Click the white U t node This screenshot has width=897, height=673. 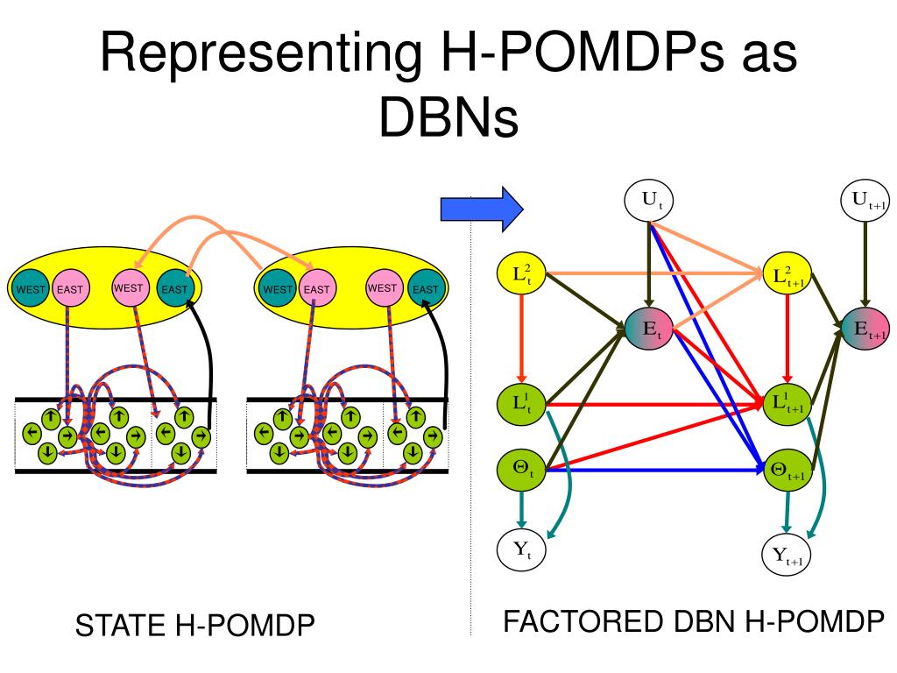pyautogui.click(x=648, y=201)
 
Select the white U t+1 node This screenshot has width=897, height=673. pyautogui.click(x=865, y=201)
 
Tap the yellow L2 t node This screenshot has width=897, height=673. pyautogui.click(x=521, y=273)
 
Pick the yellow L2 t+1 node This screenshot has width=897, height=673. pyautogui.click(x=788, y=274)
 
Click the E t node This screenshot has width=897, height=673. pyautogui.click(x=649, y=329)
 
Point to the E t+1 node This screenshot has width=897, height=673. pyautogui.click(x=865, y=329)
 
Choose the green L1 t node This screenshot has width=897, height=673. pyautogui.click(x=521, y=404)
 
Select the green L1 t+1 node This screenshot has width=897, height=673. pyautogui.click(x=788, y=404)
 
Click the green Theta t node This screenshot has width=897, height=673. pyautogui.click(x=521, y=470)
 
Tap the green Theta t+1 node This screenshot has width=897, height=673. pyautogui.click(x=788, y=470)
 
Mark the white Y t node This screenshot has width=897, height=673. pyautogui.click(x=521, y=550)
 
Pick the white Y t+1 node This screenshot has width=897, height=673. pyautogui.click(x=788, y=554)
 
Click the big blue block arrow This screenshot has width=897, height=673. pyautogui.click(x=482, y=209)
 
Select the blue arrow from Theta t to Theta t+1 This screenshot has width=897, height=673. pyautogui.click(x=655, y=471)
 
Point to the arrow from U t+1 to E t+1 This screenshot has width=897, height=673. pyautogui.click(x=865, y=265)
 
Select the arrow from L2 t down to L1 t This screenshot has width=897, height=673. pyautogui.click(x=521, y=339)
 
